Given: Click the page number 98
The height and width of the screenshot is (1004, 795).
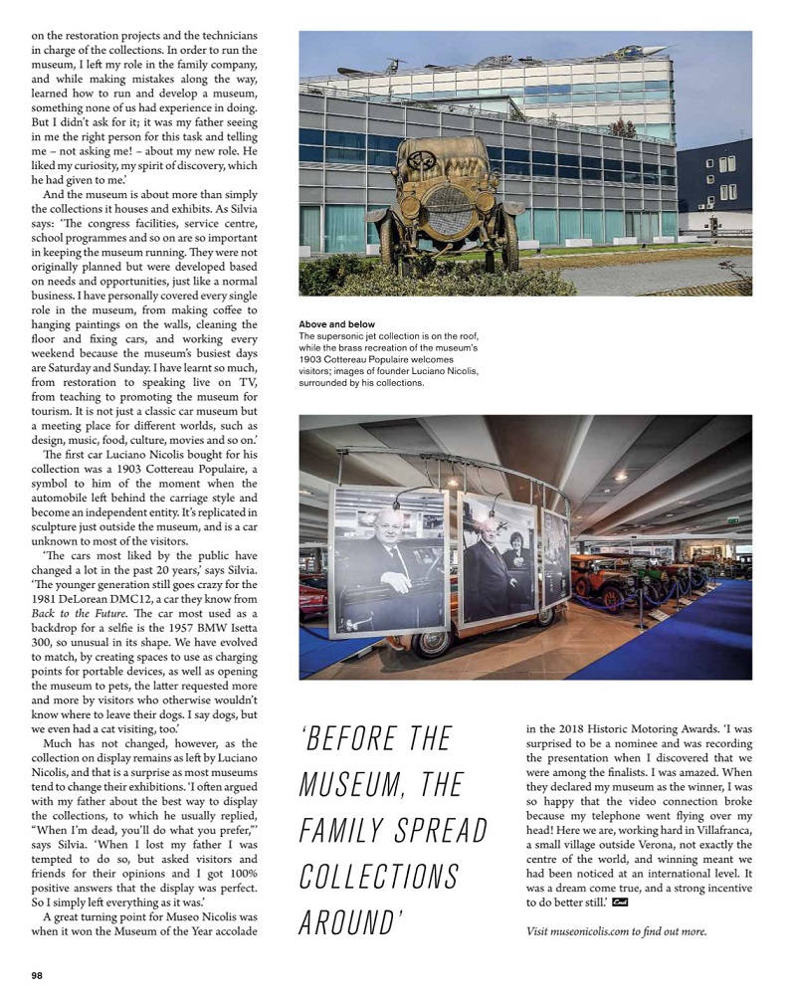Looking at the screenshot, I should (37, 975).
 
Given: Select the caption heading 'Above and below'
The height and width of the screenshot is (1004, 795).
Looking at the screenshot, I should (336, 324).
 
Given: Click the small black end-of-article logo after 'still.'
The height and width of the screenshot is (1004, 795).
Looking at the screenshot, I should (620, 903).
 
